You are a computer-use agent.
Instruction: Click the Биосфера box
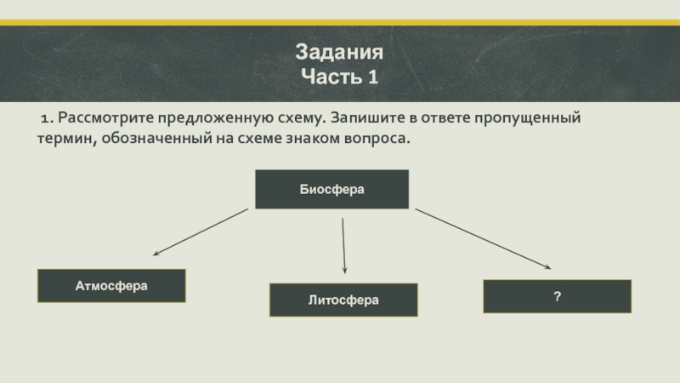(x=331, y=189)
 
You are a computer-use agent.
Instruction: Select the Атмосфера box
(x=111, y=286)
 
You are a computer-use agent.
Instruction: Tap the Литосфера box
(x=343, y=300)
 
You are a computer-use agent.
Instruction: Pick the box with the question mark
(x=557, y=296)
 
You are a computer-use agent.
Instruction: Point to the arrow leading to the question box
(x=484, y=240)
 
